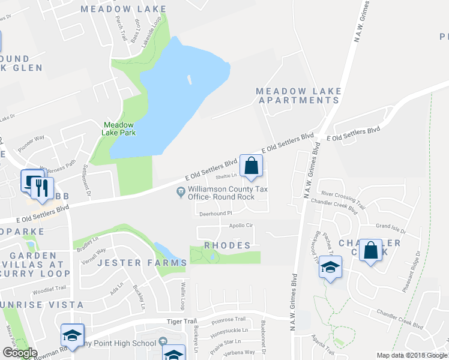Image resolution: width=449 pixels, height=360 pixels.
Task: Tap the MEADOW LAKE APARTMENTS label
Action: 298,96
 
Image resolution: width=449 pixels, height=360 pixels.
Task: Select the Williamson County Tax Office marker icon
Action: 179,192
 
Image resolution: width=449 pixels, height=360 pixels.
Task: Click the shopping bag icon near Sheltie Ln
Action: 252,166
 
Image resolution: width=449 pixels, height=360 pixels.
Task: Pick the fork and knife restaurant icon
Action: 41,187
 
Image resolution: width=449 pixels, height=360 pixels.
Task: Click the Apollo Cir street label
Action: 243,226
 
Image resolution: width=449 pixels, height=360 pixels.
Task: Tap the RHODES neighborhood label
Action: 227,245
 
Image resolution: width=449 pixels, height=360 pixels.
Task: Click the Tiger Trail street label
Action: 181,322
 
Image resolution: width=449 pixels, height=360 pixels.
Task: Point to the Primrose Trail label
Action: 229,319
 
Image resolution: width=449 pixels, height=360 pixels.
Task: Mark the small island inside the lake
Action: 190,79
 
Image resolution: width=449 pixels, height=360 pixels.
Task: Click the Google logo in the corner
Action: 20,353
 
